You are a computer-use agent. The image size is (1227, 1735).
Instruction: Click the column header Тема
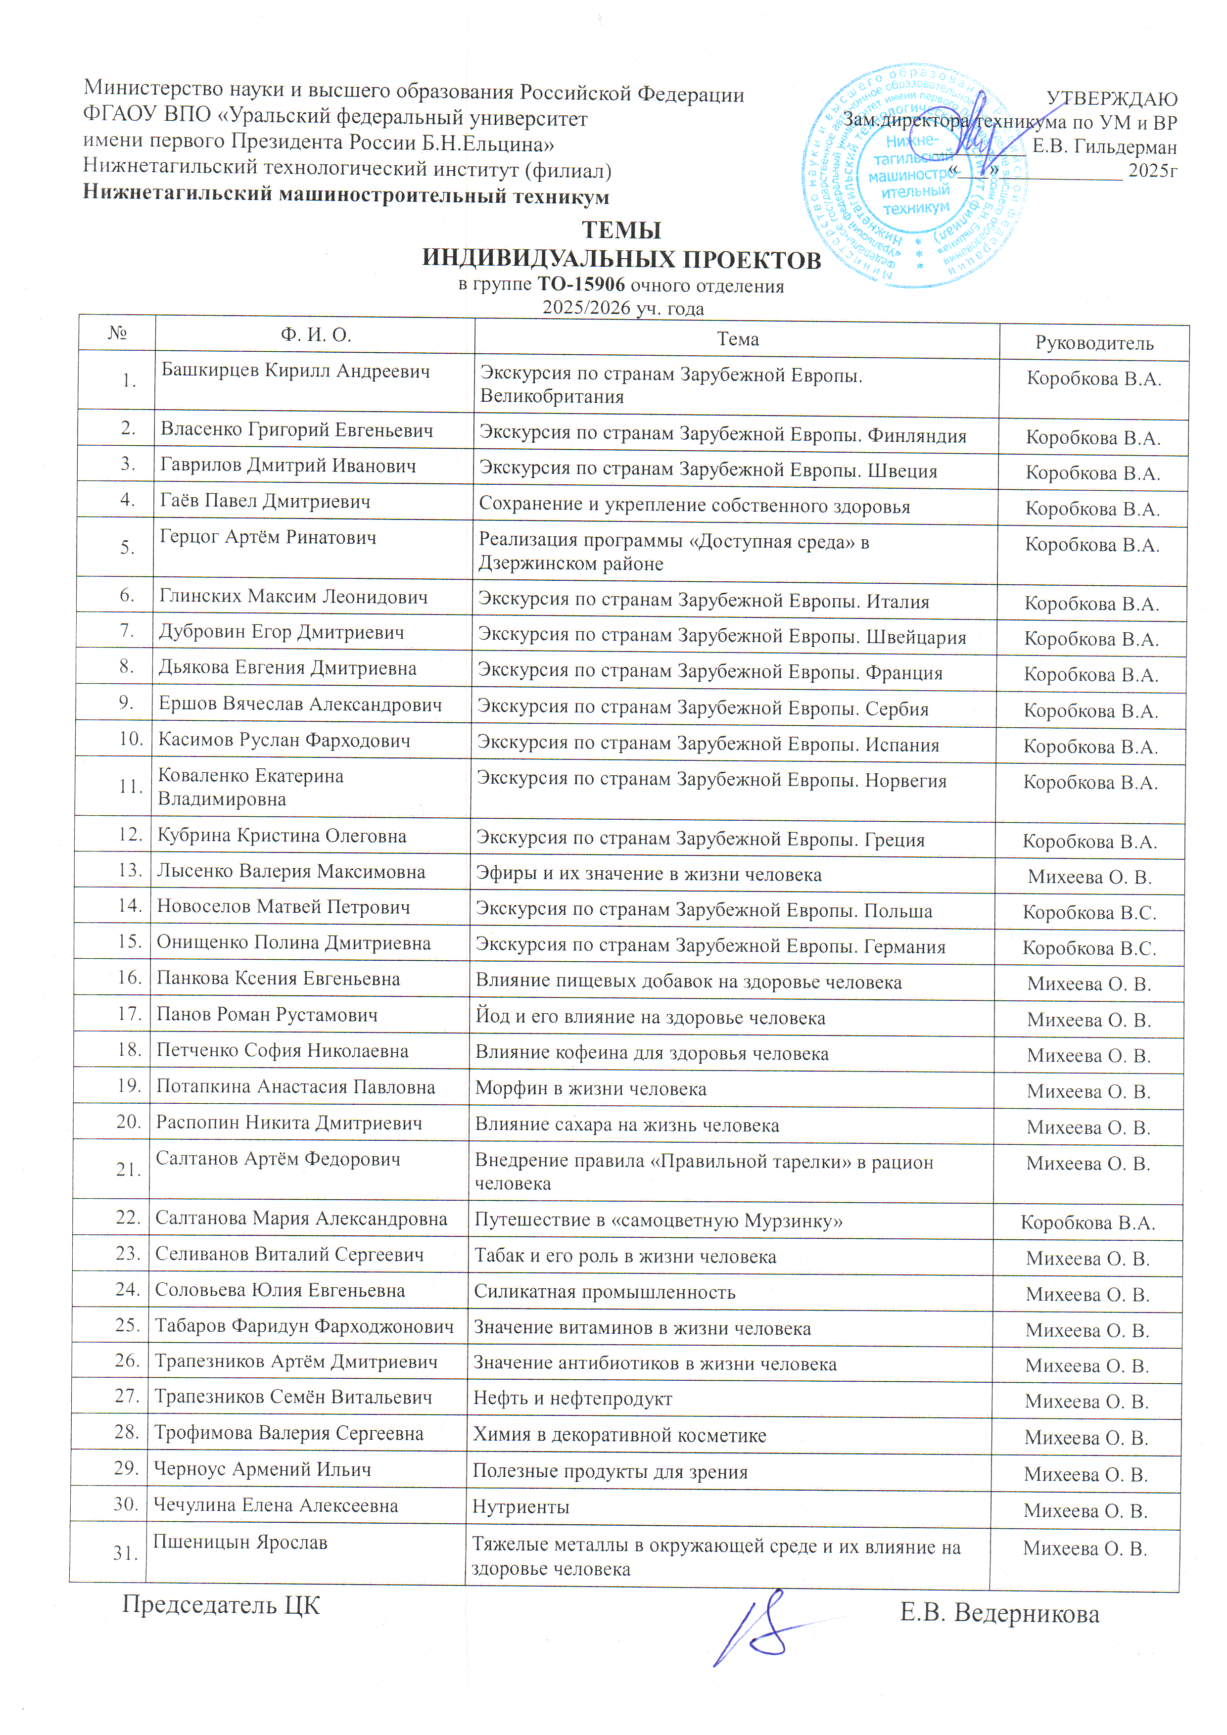click(x=737, y=339)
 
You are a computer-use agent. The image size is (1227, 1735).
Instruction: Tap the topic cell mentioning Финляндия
click(x=723, y=435)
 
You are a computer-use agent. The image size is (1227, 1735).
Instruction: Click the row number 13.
click(x=131, y=870)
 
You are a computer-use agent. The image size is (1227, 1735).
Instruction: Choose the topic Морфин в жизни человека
click(x=590, y=1089)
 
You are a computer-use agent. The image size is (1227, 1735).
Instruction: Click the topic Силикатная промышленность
click(x=605, y=1292)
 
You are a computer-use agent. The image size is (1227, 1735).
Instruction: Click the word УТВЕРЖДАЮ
click(x=1111, y=99)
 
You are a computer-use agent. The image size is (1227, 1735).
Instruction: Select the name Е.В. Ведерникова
click(x=999, y=1614)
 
